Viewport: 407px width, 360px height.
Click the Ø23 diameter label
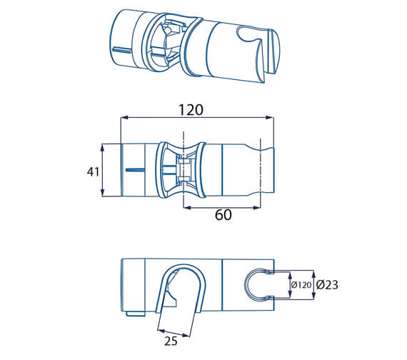click(327, 285)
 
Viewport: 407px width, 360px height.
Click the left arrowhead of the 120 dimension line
click(123, 118)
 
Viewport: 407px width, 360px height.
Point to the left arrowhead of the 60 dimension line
click(186, 208)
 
